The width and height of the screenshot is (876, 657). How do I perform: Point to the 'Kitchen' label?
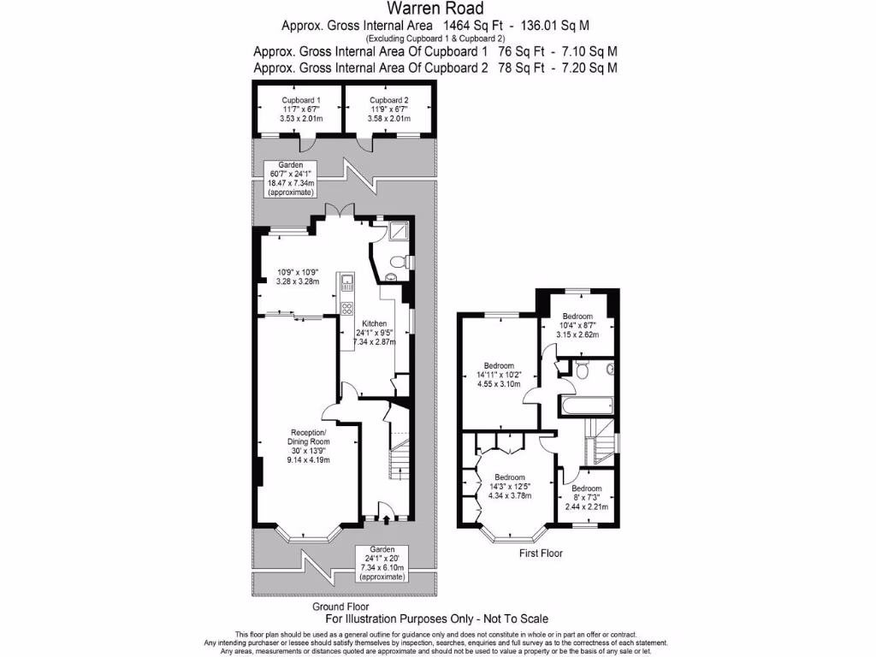point(372,323)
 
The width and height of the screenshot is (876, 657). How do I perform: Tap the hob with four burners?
point(348,309)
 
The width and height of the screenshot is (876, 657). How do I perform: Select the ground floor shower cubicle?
point(399,231)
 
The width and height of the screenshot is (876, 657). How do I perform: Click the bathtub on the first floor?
point(586,405)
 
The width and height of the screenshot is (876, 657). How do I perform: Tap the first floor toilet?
point(582,370)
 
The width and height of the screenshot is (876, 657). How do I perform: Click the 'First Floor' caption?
point(541,553)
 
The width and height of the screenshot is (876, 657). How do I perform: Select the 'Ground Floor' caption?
point(340,606)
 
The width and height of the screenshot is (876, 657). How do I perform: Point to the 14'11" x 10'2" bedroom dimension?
point(497,374)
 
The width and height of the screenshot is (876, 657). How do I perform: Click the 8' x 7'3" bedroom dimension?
point(586,498)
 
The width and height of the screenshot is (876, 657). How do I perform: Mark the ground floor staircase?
point(399,462)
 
